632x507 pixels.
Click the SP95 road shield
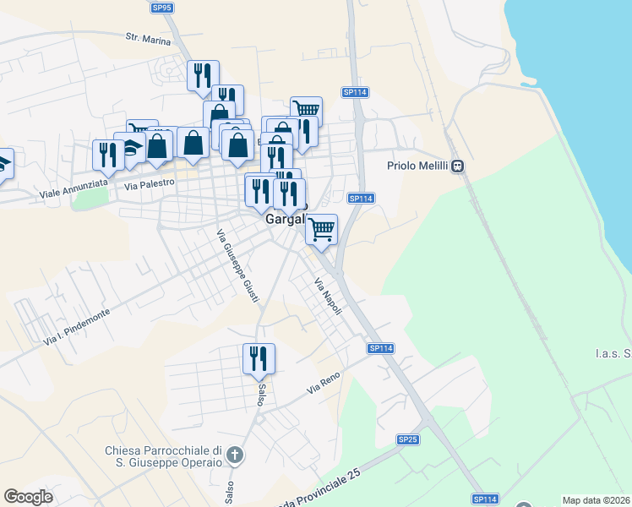(x=162, y=8)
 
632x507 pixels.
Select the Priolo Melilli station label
(x=418, y=166)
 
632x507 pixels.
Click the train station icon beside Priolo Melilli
(x=458, y=166)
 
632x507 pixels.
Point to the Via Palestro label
(x=149, y=183)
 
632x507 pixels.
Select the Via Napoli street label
(x=329, y=297)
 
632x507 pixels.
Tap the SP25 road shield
(x=408, y=439)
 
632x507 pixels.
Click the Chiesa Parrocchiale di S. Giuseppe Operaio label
(x=163, y=455)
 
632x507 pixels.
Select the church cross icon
(x=236, y=457)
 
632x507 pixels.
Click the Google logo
(x=28, y=497)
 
